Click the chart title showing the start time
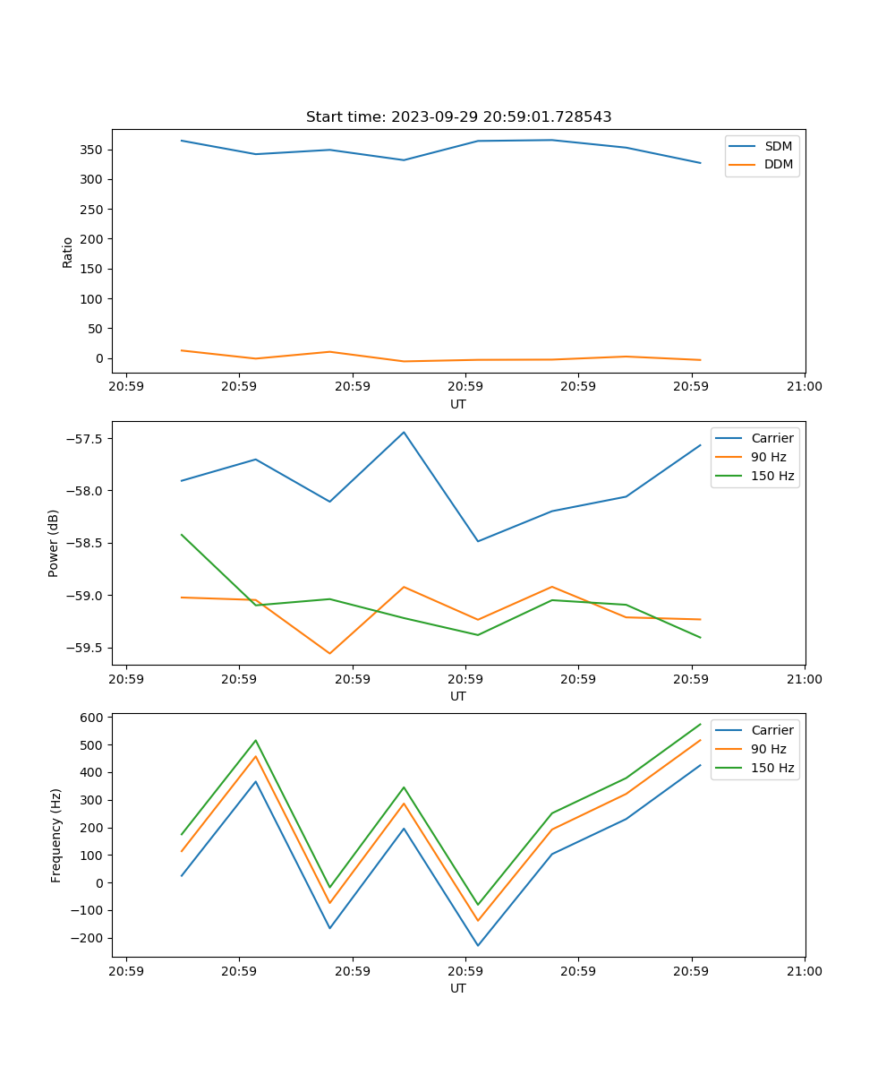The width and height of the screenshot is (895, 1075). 458,117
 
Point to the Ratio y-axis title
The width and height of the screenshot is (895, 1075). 68,252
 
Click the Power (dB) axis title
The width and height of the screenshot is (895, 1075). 54,543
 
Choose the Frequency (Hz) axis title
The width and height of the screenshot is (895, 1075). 56,835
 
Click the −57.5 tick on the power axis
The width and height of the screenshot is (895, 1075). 83,439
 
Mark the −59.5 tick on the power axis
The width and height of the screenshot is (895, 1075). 83,649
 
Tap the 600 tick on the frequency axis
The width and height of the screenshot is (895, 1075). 93,718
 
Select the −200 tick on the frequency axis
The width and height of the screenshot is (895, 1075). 87,938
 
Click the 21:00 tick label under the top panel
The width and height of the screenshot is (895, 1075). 805,387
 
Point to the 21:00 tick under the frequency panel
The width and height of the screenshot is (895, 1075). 805,971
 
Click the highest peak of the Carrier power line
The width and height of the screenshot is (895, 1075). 404,433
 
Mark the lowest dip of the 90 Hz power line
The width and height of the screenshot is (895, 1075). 329,653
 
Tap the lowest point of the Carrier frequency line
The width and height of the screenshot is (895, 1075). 478,945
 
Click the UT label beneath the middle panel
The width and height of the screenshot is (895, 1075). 458,696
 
